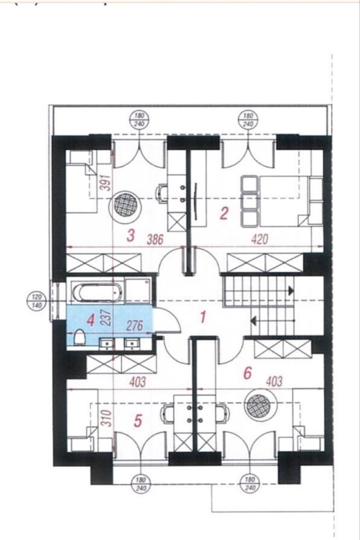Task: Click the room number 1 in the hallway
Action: (203, 317)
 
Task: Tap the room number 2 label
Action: (223, 214)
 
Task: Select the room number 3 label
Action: (130, 236)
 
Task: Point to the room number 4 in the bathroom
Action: (91, 321)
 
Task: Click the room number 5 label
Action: (137, 421)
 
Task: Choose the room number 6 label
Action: (247, 373)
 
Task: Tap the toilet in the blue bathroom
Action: (79, 336)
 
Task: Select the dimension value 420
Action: (260, 238)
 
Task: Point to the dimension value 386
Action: (155, 239)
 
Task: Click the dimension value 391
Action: (107, 182)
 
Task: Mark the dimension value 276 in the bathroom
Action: (134, 326)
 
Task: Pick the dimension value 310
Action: (108, 418)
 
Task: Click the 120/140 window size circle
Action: (36, 300)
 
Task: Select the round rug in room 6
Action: (258, 406)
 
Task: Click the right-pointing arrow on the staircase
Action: (291, 291)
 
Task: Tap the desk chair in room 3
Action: (161, 193)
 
